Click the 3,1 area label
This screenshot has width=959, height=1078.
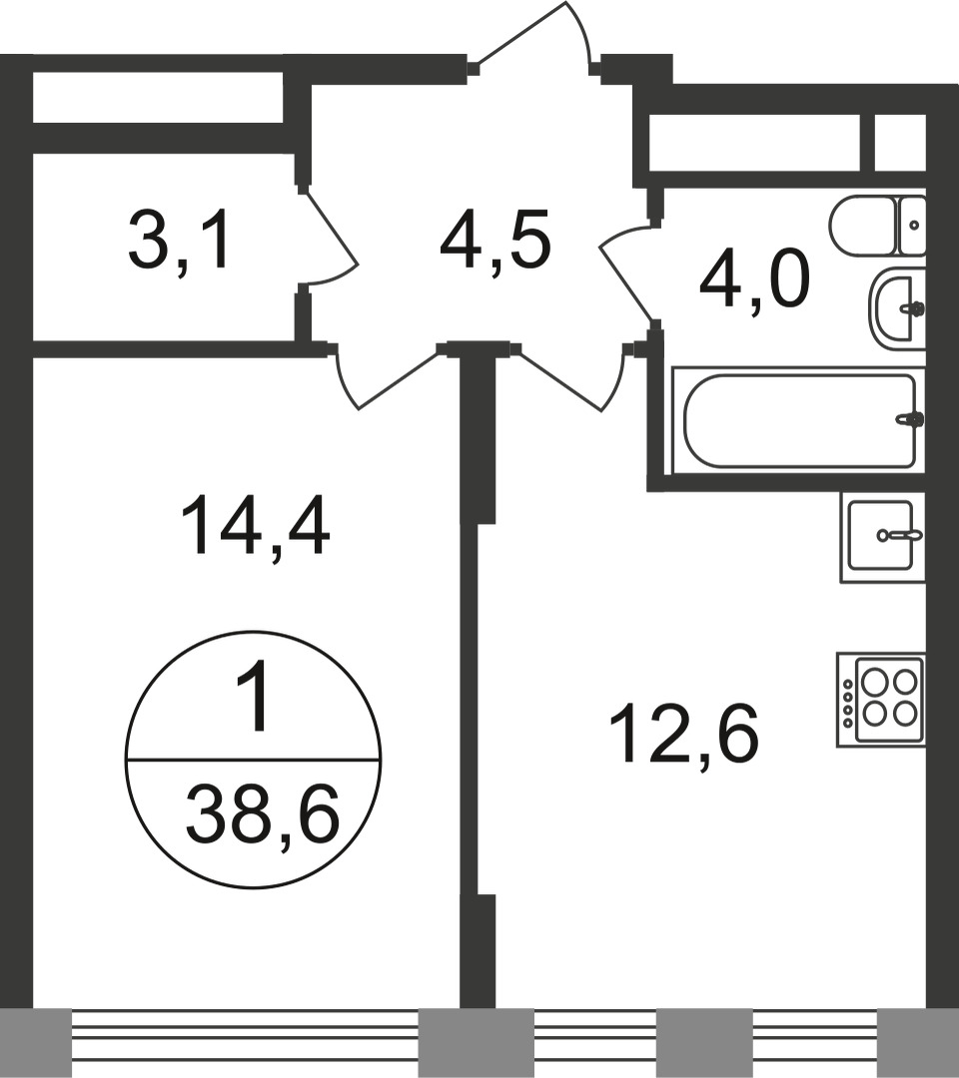(178, 243)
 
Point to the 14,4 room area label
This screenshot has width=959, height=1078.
(255, 527)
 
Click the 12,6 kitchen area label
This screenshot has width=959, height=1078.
(683, 735)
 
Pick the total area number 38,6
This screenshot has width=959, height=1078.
(263, 814)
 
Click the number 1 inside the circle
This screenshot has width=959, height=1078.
(253, 697)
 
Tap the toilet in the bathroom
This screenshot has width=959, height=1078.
(877, 226)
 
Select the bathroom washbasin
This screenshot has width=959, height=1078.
(897, 308)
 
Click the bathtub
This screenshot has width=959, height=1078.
(799, 421)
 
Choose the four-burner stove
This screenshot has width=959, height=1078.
(880, 700)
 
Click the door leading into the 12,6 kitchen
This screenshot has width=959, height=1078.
(572, 378)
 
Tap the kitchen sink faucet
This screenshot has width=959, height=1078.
(898, 535)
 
